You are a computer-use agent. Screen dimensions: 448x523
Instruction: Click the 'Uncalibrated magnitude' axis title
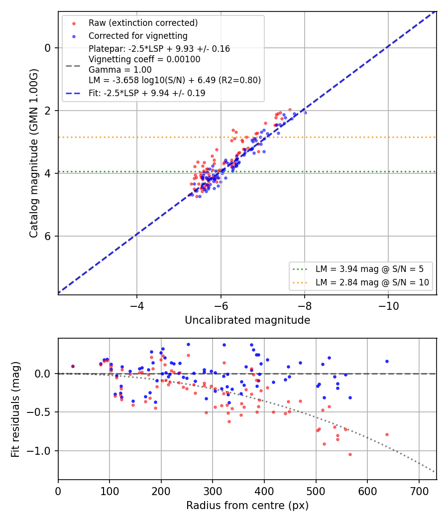(247, 320)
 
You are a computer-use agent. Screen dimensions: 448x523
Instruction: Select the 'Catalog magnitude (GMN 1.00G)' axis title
(34, 153)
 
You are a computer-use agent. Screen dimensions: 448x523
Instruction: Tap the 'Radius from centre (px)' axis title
(247, 506)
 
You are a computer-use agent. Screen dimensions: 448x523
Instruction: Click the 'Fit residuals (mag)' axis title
(15, 409)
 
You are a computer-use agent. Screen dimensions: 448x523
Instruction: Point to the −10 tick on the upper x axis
(388, 306)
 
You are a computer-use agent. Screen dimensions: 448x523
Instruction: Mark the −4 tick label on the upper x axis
(137, 306)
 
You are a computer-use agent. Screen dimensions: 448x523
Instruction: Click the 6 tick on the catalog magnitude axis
(48, 236)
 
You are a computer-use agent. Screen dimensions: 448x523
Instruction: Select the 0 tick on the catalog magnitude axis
(48, 48)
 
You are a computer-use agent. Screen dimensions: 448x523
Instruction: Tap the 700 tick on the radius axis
(419, 491)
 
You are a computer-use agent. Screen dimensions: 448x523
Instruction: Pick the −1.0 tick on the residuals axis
(38, 451)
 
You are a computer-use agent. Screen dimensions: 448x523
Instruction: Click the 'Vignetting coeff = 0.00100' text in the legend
(144, 59)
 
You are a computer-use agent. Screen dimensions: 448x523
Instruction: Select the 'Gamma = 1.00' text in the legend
(120, 70)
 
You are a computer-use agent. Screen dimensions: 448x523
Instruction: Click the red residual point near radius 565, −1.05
(350, 454)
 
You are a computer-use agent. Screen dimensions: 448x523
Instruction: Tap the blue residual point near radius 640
(387, 361)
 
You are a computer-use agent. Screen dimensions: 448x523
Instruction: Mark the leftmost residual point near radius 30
(73, 366)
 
